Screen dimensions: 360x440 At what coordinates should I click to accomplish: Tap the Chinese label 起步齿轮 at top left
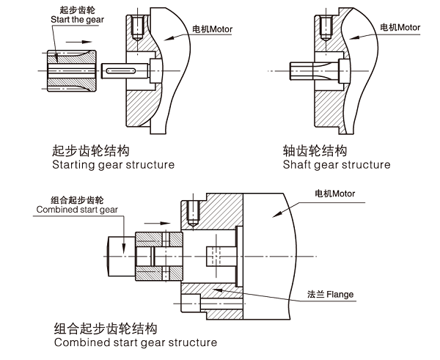pyautogui.click(x=73, y=10)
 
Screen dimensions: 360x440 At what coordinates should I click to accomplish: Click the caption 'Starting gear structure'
pyautogui.click(x=113, y=165)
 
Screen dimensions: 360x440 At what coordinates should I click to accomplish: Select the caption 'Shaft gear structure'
pyautogui.click(x=337, y=165)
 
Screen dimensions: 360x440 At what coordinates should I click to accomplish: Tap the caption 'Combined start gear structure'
pyautogui.click(x=135, y=342)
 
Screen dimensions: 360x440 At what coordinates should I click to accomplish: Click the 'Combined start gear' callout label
pyautogui.click(x=77, y=210)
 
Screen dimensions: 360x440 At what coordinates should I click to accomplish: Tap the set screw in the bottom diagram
pyautogui.click(x=191, y=213)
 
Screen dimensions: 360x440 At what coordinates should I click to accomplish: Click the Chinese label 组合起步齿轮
pyautogui.click(x=77, y=199)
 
